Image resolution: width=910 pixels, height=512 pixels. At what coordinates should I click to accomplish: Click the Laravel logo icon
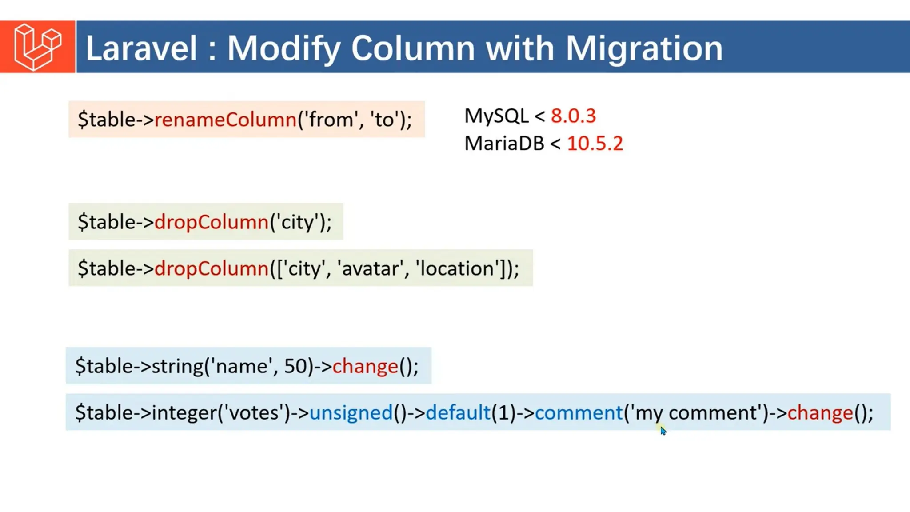[x=37, y=47]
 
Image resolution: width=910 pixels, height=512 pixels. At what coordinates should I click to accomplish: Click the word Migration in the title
[x=644, y=48]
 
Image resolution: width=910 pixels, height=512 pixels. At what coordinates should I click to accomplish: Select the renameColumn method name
[x=225, y=120]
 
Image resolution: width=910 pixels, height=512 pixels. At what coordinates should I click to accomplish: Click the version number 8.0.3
[x=573, y=116]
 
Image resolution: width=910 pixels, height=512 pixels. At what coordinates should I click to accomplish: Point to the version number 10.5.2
[x=595, y=144]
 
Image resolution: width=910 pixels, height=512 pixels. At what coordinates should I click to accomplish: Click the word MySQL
[x=496, y=116]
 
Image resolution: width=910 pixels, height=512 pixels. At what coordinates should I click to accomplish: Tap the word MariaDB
[x=504, y=144]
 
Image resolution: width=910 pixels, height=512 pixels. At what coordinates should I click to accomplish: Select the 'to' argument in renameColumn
[x=384, y=120]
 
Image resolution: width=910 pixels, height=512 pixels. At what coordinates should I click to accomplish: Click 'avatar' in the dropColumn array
[x=372, y=268]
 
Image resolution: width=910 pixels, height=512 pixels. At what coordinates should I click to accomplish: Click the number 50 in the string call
[x=295, y=366]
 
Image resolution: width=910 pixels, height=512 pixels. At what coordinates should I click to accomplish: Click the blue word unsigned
[x=351, y=413]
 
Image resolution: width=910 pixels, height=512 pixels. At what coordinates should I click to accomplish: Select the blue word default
[x=458, y=413]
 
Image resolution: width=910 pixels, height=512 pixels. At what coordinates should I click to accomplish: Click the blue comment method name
[x=579, y=413]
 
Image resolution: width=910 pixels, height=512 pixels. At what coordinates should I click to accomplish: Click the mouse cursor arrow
[x=663, y=431]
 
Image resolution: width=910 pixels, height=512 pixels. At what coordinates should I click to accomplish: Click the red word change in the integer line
[x=820, y=413]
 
